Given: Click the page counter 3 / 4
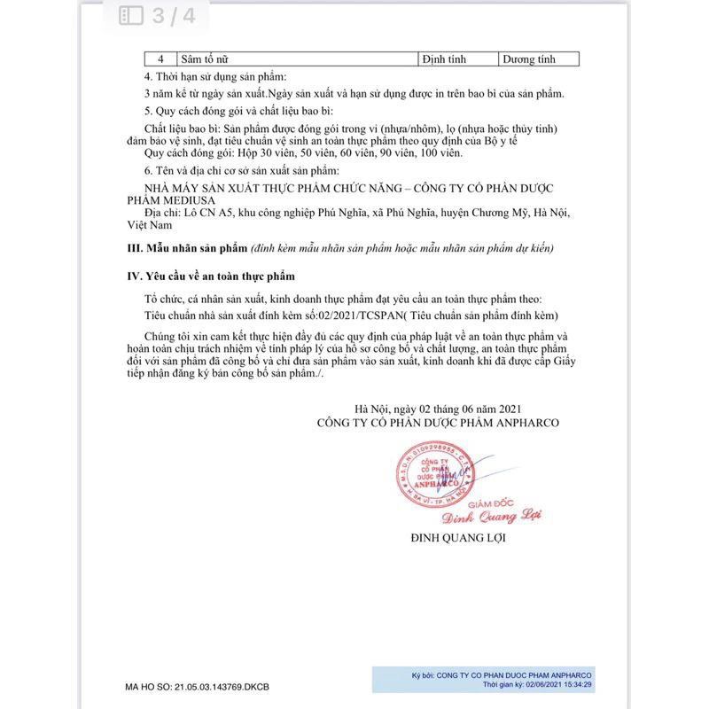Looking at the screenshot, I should point(174,15).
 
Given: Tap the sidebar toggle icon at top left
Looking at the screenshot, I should point(131,15).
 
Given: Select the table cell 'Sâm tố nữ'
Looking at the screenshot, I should point(206,60).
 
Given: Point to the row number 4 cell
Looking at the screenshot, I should point(160,60).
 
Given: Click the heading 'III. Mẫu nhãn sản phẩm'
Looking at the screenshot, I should point(187,247).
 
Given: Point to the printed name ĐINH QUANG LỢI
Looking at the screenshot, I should point(457,540).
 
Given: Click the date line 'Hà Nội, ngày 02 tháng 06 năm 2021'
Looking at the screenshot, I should point(437,408).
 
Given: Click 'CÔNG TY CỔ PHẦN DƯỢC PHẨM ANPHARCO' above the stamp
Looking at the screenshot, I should point(439,423).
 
